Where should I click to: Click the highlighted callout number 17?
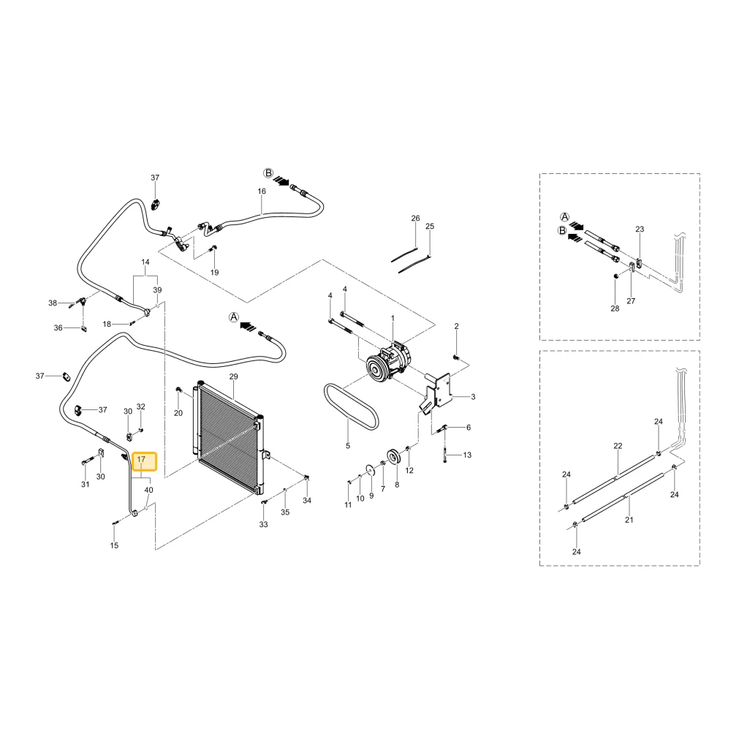(x=141, y=460)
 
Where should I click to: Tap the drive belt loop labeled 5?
(x=351, y=406)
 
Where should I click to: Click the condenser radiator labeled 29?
(x=228, y=436)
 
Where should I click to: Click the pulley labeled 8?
(x=393, y=457)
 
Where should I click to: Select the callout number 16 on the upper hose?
(x=262, y=191)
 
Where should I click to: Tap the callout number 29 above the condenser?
(x=234, y=376)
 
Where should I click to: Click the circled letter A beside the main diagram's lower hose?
(x=234, y=317)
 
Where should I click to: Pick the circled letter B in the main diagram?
(x=268, y=173)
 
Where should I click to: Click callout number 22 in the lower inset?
(x=618, y=446)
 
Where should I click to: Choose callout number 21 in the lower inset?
(x=629, y=520)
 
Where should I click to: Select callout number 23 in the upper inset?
(x=640, y=229)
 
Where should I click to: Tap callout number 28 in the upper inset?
(x=615, y=308)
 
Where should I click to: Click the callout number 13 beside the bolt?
(x=467, y=455)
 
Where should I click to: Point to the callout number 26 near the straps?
(x=415, y=218)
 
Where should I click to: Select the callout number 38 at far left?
(x=53, y=303)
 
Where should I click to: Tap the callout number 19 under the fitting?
(x=214, y=272)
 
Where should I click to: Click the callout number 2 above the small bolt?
(x=456, y=326)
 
